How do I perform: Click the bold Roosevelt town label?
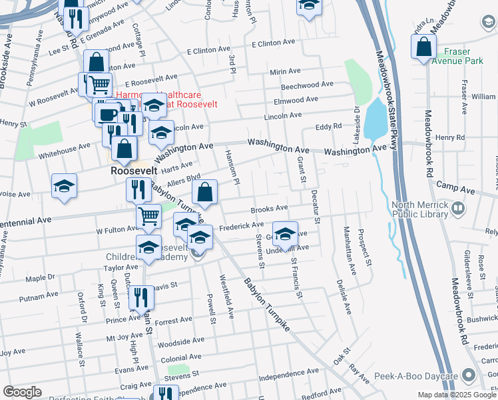click(134, 171)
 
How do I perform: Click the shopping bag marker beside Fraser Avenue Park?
click(423, 48)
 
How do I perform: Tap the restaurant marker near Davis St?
click(140, 297)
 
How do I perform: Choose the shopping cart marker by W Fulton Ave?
click(148, 216)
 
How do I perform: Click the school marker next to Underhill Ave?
click(286, 234)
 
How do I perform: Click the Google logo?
click(23, 392)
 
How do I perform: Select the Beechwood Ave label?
click(307, 85)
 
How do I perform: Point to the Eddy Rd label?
click(328, 125)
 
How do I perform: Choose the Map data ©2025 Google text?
click(456, 395)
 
